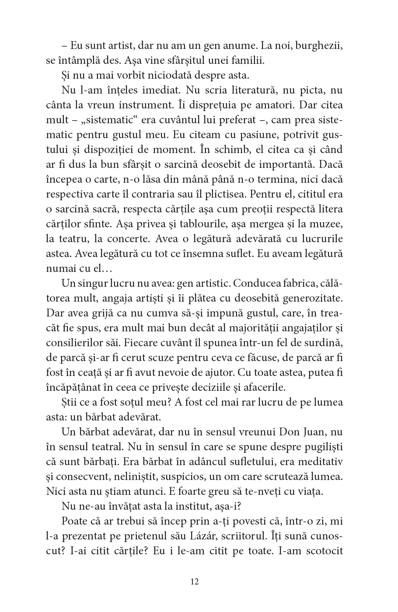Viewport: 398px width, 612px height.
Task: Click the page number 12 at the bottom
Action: [195, 582]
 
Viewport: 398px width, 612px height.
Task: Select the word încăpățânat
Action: [79, 387]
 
